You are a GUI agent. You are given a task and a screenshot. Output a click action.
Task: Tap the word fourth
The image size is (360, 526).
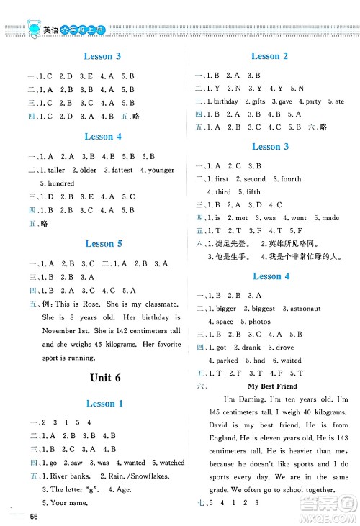click(291, 179)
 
